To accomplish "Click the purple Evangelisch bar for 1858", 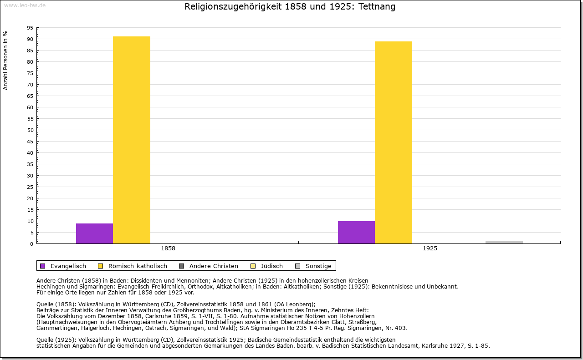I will [94, 233].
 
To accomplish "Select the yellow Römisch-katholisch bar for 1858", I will [131, 140].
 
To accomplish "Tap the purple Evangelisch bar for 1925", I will [356, 232].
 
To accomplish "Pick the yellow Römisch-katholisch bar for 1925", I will [393, 142].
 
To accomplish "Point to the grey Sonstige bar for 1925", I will [504, 242].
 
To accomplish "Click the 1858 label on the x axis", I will [168, 249].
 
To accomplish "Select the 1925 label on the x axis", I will [430, 249].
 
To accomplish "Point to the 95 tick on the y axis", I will [30, 28].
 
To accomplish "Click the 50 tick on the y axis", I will [30, 130].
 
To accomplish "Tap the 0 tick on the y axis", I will [31, 244].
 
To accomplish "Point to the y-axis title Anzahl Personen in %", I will [5, 61].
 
